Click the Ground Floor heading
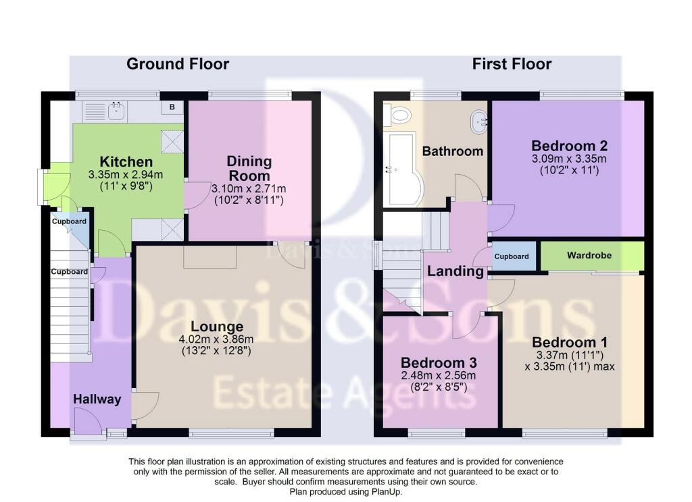tap(178, 64)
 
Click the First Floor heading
tap(512, 64)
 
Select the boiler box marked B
tap(172, 107)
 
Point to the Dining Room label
tap(249, 169)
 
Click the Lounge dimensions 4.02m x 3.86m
tap(216, 339)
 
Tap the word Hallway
tap(97, 399)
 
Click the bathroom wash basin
tap(479, 121)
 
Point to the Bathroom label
tap(452, 151)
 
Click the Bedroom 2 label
tap(569, 146)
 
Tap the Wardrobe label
tap(589, 255)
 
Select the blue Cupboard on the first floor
tap(512, 256)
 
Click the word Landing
tap(455, 271)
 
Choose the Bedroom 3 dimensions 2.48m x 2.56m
tap(438, 376)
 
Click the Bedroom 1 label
tap(570, 342)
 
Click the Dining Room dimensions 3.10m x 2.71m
tap(249, 189)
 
